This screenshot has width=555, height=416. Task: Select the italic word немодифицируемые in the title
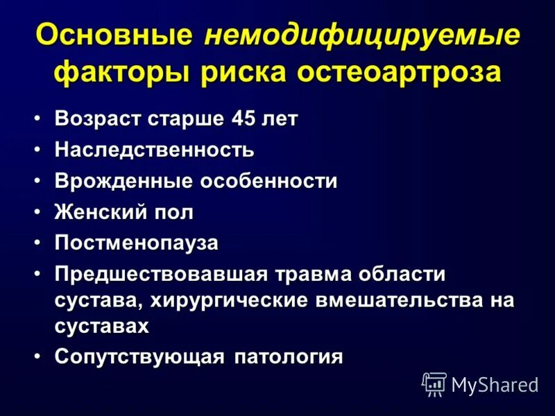click(361, 36)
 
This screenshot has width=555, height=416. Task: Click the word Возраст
click(98, 119)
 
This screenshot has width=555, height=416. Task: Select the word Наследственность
click(155, 149)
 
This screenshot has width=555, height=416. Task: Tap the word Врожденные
click(124, 182)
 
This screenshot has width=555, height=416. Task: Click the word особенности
click(269, 182)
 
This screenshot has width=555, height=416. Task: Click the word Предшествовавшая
click(161, 274)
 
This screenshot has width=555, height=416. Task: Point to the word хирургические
click(242, 300)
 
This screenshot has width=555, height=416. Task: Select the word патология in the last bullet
click(288, 356)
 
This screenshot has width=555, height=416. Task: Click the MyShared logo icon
click(434, 383)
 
